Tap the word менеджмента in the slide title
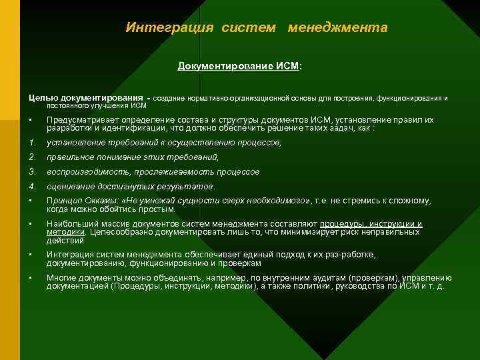337,28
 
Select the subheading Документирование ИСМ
239,67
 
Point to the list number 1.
32,142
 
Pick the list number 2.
32,157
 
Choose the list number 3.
32,171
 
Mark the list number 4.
32,186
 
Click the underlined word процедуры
342,224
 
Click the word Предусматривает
83,120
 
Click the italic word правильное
69,157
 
